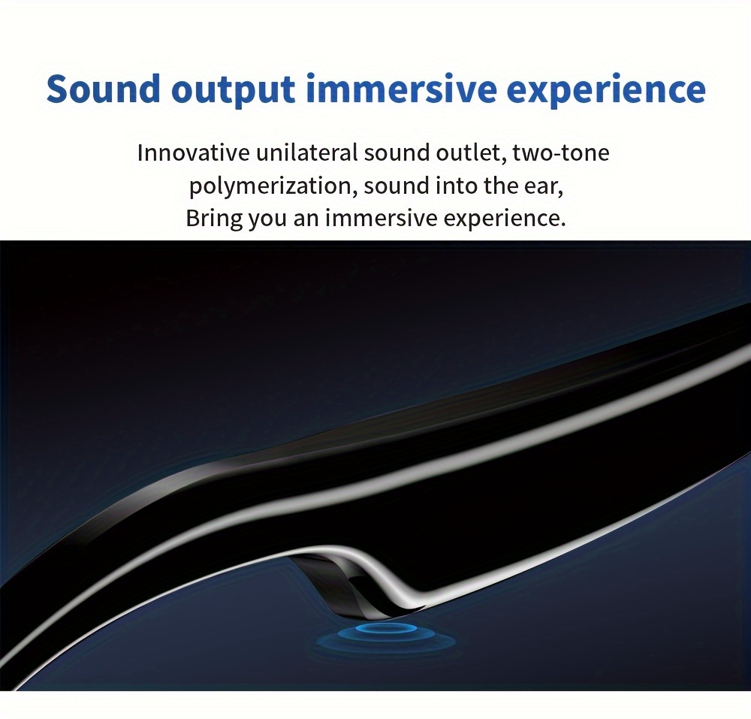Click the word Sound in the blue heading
click(x=104, y=89)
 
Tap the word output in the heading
click(x=233, y=90)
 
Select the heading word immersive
click(x=401, y=89)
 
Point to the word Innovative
click(x=194, y=153)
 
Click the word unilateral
click(x=307, y=153)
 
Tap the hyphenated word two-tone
click(x=561, y=153)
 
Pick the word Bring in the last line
click(x=214, y=219)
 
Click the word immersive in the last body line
click(x=382, y=219)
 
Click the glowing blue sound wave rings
click(x=386, y=636)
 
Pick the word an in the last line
click(x=306, y=220)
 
